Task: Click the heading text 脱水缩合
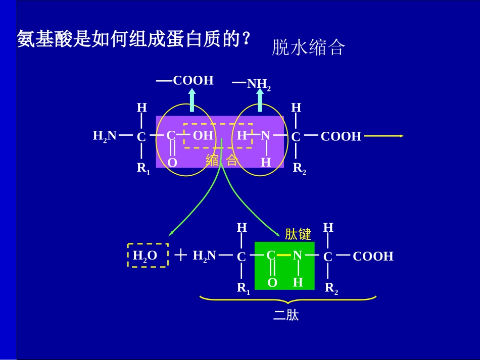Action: click(308, 47)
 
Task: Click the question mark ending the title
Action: click(246, 39)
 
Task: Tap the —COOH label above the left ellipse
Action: click(185, 81)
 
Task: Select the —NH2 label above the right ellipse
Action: click(252, 84)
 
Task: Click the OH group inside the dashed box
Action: click(203, 135)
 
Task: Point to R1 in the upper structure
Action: click(143, 169)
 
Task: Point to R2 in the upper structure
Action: click(299, 169)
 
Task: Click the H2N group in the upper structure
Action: click(105, 135)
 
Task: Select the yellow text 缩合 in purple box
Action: click(221, 161)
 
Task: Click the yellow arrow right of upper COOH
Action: click(383, 136)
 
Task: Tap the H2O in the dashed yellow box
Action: click(145, 255)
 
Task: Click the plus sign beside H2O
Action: click(180, 255)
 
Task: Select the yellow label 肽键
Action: click(298, 234)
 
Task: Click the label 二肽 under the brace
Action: click(286, 316)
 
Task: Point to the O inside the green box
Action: click(272, 283)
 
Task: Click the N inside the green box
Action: click(298, 255)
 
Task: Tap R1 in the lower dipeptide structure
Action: click(243, 289)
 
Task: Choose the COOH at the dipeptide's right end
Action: click(373, 256)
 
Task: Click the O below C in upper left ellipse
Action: click(172, 163)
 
